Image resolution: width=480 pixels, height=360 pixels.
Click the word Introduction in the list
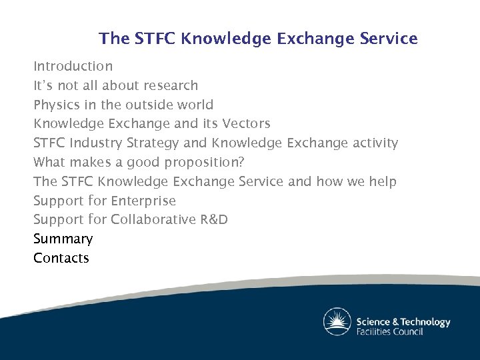(x=73, y=66)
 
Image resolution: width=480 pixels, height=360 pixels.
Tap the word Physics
(x=57, y=105)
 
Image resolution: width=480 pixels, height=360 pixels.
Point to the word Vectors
(x=246, y=123)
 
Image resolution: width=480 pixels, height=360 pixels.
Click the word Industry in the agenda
(x=99, y=143)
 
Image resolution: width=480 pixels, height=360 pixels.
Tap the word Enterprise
(x=143, y=201)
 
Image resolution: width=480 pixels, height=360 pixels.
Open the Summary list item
(x=63, y=239)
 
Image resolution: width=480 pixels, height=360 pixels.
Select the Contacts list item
(x=61, y=258)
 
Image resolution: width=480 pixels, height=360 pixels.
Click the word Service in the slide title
(x=389, y=39)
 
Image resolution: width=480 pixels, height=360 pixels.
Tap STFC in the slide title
(x=154, y=39)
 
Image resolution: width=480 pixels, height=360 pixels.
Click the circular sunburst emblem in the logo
(x=337, y=321)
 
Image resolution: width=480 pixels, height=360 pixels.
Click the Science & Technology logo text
(x=403, y=321)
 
